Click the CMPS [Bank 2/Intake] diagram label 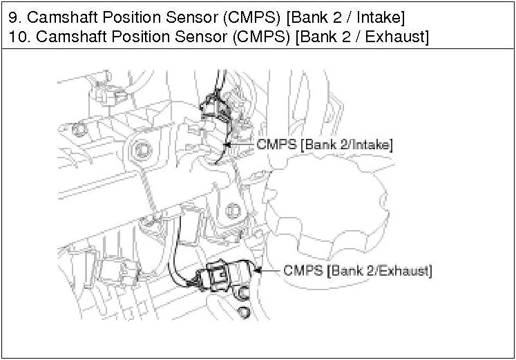325,144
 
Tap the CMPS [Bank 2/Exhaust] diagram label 358,269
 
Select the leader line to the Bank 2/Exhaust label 268,269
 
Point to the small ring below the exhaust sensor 242,314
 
